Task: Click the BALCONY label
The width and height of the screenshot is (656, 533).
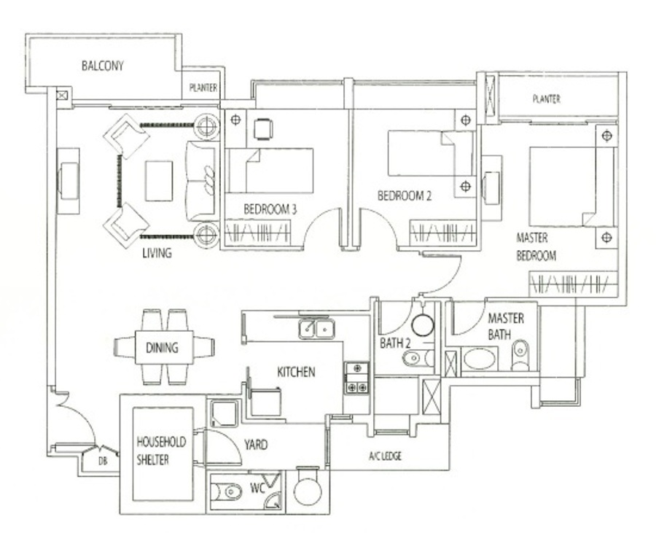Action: [103, 66]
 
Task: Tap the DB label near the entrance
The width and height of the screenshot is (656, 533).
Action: [103, 462]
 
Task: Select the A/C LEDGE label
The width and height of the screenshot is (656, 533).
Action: [385, 456]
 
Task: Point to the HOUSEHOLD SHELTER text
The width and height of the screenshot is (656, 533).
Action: [161, 451]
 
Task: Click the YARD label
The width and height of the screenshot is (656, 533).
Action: [256, 444]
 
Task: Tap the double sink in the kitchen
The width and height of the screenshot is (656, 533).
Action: [316, 328]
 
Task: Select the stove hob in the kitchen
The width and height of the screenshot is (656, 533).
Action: [357, 378]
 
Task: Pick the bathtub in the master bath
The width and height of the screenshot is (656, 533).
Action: [480, 359]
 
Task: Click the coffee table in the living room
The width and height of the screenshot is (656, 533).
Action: [159, 181]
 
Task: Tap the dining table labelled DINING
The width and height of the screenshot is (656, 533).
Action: [164, 347]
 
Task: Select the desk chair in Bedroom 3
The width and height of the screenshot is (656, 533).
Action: [264, 129]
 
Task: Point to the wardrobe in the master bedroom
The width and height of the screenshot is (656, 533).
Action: [574, 284]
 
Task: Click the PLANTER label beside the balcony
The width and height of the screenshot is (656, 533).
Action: [203, 87]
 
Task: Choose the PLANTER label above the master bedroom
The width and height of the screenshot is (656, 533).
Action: [547, 99]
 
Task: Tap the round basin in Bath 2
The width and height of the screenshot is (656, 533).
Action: [423, 325]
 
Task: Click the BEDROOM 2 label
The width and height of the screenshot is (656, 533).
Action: [404, 196]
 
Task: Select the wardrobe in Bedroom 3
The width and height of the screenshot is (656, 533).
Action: [258, 232]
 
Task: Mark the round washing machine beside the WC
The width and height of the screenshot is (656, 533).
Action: [308, 490]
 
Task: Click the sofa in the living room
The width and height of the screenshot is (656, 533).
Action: [203, 181]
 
